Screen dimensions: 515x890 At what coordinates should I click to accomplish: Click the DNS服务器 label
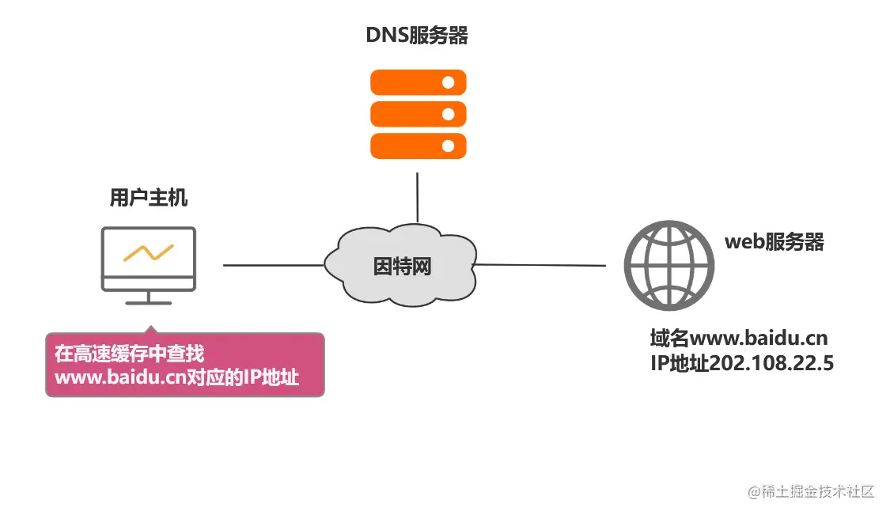click(417, 36)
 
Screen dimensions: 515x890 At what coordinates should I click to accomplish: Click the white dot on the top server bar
click(448, 82)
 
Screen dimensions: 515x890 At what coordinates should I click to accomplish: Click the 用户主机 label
click(149, 198)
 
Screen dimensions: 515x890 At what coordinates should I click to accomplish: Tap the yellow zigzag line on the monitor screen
click(148, 252)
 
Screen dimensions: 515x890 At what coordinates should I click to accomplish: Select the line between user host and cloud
click(273, 266)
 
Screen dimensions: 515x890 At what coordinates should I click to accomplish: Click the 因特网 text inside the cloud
click(403, 267)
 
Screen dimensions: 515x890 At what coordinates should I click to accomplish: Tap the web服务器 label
click(774, 242)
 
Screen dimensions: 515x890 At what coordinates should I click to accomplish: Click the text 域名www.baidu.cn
click(738, 339)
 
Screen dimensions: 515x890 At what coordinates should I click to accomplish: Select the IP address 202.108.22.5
click(771, 364)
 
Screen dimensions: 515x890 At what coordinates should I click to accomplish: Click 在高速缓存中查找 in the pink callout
click(129, 353)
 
